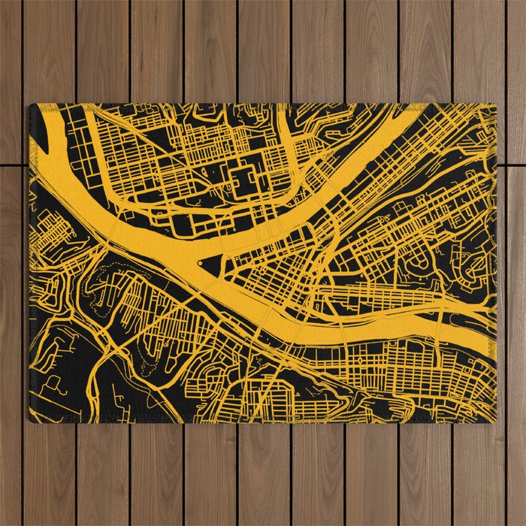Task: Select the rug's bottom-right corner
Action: coord(497,422)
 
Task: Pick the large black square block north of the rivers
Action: coord(243,180)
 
